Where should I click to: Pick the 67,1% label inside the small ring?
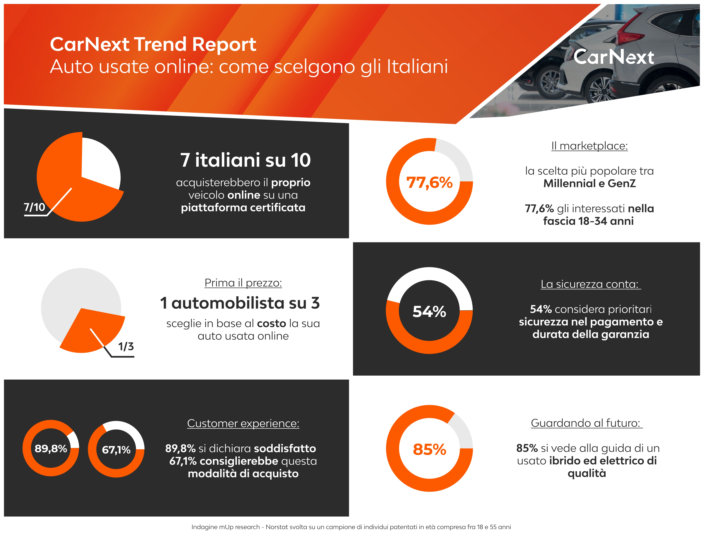(x=116, y=450)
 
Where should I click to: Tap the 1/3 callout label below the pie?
(x=126, y=346)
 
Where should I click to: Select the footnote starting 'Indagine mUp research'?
(x=351, y=527)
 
